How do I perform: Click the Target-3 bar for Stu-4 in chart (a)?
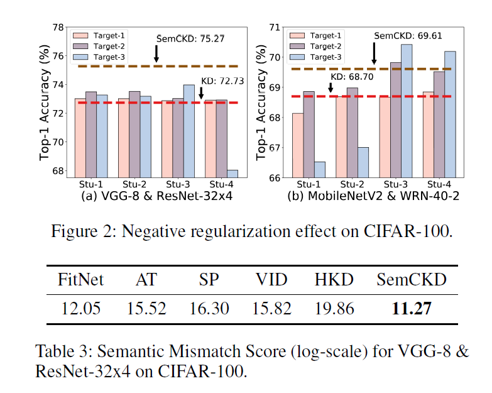(x=215, y=174)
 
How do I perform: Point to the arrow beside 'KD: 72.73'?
(x=201, y=92)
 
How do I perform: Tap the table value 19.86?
(x=334, y=309)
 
